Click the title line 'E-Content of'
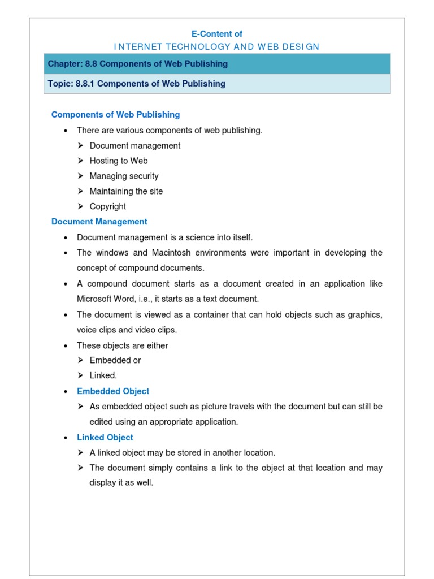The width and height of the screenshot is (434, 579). (x=217, y=34)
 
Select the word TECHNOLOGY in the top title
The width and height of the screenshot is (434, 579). (x=185, y=47)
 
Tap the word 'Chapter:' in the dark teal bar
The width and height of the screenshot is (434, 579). (x=65, y=64)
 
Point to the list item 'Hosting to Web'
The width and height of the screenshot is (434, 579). (x=119, y=161)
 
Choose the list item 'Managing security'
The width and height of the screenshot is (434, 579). (x=124, y=176)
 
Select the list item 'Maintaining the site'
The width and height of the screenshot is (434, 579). (x=126, y=191)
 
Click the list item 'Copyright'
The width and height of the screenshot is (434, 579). (x=108, y=206)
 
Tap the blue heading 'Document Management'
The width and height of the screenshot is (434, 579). (x=99, y=222)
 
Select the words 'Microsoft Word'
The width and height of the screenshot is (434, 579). (x=104, y=299)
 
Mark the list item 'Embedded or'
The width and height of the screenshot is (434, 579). (x=115, y=360)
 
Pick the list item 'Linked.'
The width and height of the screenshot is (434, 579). (x=103, y=375)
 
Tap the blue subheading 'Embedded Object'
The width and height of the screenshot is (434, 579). (x=113, y=391)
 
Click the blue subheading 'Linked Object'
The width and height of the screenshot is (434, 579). (x=105, y=437)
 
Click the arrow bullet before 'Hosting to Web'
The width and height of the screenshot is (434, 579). (x=81, y=161)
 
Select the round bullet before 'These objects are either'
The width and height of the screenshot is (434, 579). (x=66, y=345)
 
